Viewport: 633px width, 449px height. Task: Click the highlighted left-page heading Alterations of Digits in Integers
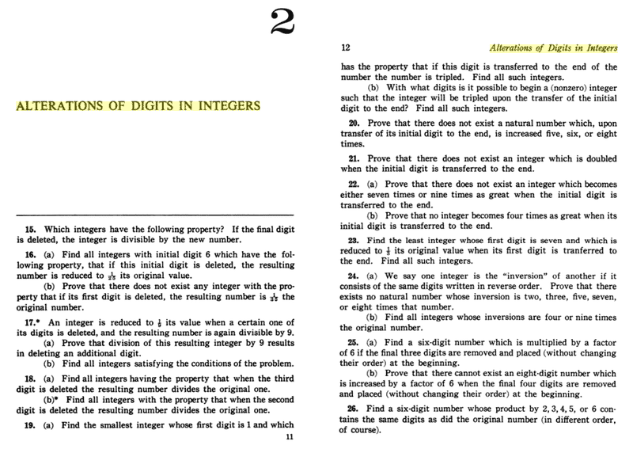pyautogui.click(x=138, y=105)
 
